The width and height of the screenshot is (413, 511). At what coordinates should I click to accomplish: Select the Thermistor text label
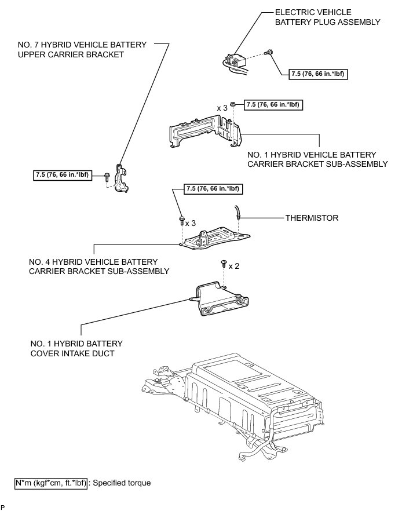click(x=312, y=218)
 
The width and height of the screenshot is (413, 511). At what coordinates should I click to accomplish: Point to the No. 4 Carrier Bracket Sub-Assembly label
click(x=98, y=267)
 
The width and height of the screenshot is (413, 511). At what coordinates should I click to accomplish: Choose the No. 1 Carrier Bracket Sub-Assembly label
click(x=317, y=159)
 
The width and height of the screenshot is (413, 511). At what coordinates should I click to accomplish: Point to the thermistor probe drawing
click(x=237, y=213)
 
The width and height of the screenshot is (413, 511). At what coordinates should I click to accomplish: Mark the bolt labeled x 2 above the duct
click(x=224, y=264)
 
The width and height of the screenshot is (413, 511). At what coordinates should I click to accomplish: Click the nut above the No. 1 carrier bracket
click(x=233, y=105)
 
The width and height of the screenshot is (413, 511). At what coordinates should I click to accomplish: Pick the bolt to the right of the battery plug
click(x=269, y=53)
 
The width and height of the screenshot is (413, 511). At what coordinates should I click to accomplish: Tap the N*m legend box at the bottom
click(x=51, y=482)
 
